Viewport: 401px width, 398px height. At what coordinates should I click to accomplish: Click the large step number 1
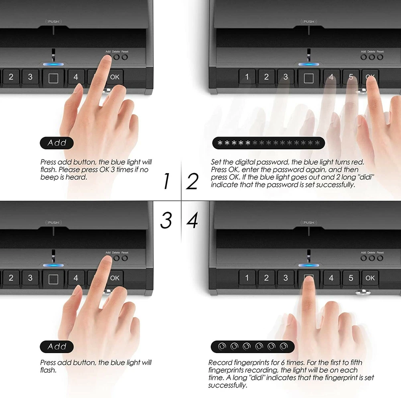pyautogui.click(x=167, y=181)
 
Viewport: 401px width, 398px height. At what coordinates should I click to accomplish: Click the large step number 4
pyautogui.click(x=192, y=220)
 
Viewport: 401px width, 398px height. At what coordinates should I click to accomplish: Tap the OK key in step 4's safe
pyautogui.click(x=370, y=278)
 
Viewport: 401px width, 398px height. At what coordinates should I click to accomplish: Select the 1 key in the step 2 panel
pyautogui.click(x=247, y=77)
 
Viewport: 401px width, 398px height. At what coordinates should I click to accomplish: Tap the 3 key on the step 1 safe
pyautogui.click(x=30, y=77)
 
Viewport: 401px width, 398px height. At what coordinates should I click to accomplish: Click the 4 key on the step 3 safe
pyautogui.click(x=76, y=278)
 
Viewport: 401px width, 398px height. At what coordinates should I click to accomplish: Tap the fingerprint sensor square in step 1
pyautogui.click(x=53, y=78)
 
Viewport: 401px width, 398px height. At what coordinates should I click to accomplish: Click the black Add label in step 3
pyautogui.click(x=57, y=347)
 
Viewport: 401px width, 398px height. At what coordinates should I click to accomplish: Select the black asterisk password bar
pyautogui.click(x=269, y=143)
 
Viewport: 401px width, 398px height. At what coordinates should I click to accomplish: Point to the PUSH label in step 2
pyautogui.click(x=309, y=22)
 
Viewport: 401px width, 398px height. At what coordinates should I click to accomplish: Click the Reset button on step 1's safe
pyautogui.click(x=125, y=57)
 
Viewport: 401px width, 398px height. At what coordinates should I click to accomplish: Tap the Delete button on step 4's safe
pyautogui.click(x=372, y=258)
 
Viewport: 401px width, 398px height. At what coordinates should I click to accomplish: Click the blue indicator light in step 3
pyautogui.click(x=53, y=265)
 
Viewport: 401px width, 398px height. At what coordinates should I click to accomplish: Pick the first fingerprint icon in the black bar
pyautogui.click(x=222, y=347)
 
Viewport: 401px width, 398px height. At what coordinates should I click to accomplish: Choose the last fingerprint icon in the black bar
pyautogui.click(x=284, y=347)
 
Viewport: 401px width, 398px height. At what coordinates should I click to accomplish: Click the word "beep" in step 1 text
pyautogui.click(x=49, y=177)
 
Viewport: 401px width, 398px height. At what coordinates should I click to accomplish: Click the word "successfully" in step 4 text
pyautogui.click(x=227, y=385)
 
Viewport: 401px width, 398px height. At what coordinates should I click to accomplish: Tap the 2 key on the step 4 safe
pyautogui.click(x=266, y=278)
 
